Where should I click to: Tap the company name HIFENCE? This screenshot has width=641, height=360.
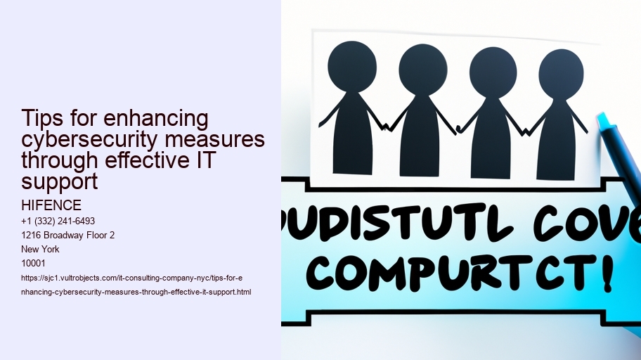pos(51,205)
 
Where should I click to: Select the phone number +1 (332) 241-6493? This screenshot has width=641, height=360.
pos(58,221)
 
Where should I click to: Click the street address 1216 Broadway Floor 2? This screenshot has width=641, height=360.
pos(67,235)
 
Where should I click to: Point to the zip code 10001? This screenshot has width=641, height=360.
pos(32,263)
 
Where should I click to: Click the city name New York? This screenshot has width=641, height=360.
pos(40,249)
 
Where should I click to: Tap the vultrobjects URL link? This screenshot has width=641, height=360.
pos(133,285)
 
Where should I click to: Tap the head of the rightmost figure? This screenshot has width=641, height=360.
pos(561,74)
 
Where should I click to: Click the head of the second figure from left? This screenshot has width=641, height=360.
pos(422,70)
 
